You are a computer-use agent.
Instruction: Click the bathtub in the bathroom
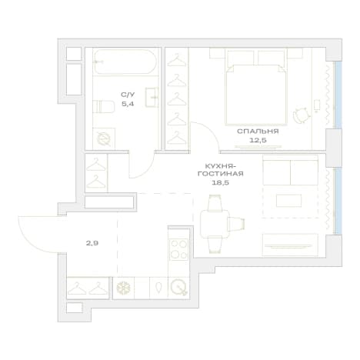point(125,62)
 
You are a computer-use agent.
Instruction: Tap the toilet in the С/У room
point(104,107)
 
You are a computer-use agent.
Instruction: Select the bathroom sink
point(152,97)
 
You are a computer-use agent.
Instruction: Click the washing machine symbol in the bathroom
point(104,139)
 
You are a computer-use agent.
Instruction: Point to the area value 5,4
point(128,104)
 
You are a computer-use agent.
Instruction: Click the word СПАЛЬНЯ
point(258,132)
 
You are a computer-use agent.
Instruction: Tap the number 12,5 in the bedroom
point(258,140)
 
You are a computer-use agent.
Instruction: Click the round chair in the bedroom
point(301,115)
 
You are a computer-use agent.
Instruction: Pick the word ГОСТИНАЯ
point(221,174)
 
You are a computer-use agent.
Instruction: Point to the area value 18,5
point(220,183)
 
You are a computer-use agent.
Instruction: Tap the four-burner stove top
point(178,249)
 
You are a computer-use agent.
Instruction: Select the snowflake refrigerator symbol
point(123,288)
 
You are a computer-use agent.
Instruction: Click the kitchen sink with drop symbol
point(158,288)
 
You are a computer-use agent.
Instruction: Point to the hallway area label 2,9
point(92,243)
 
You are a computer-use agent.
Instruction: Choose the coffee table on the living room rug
point(288,201)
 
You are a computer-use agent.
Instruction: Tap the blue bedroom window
point(338,95)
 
